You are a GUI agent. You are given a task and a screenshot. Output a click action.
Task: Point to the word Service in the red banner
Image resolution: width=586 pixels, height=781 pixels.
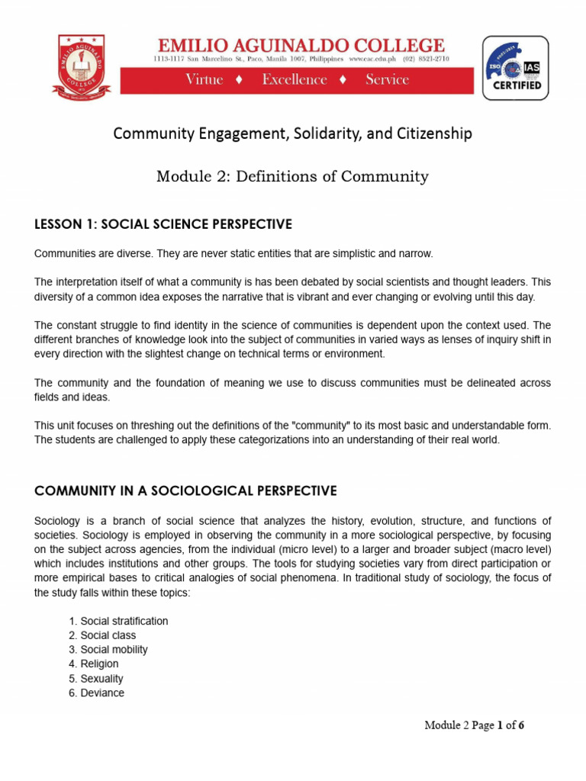387,80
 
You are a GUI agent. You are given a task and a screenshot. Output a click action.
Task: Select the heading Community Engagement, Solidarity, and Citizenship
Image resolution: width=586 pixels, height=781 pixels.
292,133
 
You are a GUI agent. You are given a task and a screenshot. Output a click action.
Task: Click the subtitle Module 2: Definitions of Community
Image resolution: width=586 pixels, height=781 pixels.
292,177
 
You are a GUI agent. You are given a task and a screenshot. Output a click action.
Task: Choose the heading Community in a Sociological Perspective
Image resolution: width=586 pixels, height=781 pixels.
185,490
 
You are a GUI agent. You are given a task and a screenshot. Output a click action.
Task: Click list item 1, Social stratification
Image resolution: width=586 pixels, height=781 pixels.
118,621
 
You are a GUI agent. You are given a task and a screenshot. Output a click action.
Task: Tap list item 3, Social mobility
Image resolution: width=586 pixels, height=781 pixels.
108,650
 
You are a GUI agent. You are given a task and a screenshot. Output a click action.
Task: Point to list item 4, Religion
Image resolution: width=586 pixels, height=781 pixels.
93,664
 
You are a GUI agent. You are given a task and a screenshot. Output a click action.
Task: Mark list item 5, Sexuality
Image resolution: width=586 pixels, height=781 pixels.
95,679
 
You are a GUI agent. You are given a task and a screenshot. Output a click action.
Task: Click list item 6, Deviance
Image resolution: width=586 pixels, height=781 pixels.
96,693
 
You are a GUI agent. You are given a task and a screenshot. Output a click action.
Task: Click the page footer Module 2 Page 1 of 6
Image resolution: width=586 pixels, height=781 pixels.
474,725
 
